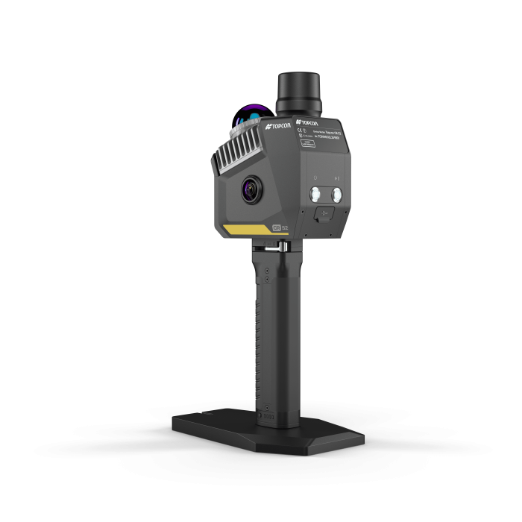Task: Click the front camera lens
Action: coord(251,189)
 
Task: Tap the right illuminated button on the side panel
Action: coord(337,195)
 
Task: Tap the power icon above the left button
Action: coord(315,178)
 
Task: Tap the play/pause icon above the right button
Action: coord(337,178)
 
